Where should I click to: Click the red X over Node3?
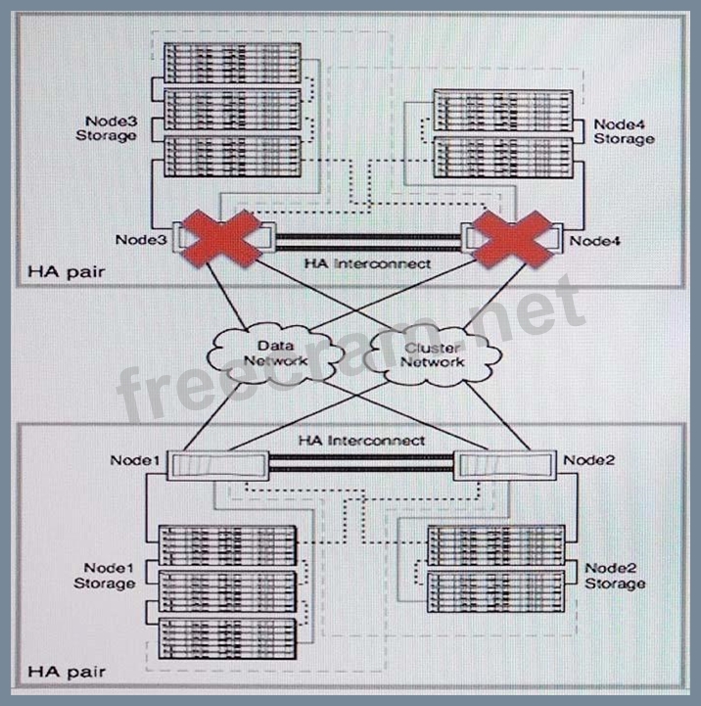(x=220, y=238)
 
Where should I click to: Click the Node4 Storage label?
(x=623, y=132)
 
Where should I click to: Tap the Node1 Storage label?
(x=106, y=576)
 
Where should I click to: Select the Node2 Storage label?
(x=615, y=576)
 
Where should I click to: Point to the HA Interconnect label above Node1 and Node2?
(x=361, y=442)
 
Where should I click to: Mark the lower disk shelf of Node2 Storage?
(x=495, y=590)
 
